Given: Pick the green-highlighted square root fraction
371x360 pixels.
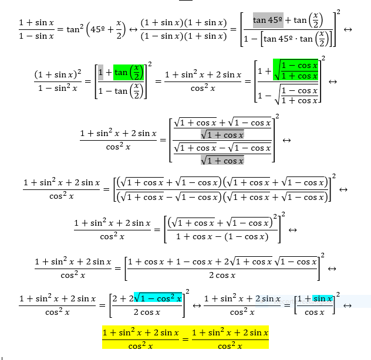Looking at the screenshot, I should point(298,70).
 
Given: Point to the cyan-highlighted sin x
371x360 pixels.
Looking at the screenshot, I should point(322,299).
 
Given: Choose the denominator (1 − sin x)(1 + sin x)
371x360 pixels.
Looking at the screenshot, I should point(183,37).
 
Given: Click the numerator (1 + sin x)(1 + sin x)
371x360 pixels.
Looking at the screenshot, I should point(183,22).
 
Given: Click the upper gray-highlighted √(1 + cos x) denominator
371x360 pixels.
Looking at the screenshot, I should point(222,135).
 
